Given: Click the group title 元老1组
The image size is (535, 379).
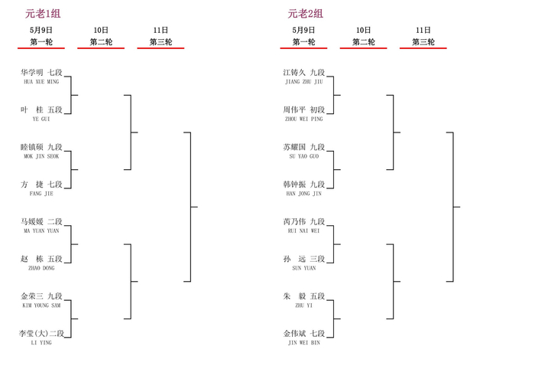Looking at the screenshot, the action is pyautogui.click(x=43, y=14).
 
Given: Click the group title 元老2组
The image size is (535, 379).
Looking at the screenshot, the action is pyautogui.click(x=306, y=14).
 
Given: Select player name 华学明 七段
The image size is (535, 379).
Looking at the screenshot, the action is pyautogui.click(x=41, y=73).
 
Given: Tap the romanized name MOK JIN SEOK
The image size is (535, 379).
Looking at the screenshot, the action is pyautogui.click(x=41, y=156).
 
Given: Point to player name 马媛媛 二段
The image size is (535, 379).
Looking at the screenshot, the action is pyautogui.click(x=41, y=222).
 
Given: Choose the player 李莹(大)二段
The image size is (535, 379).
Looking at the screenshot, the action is pyautogui.click(x=41, y=334).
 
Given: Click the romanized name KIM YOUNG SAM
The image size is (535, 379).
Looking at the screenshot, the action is pyautogui.click(x=41, y=305).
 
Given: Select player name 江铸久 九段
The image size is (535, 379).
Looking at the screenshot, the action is pyautogui.click(x=303, y=73).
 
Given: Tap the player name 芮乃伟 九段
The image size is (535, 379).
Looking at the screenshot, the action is pyautogui.click(x=303, y=222).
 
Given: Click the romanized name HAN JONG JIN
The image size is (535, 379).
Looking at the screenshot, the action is pyautogui.click(x=303, y=194).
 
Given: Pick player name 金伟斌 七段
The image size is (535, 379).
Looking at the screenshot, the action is pyautogui.click(x=303, y=334).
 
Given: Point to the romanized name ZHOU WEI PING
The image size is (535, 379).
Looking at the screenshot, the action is pyautogui.click(x=303, y=119).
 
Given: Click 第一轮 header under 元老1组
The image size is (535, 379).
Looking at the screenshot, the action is pyautogui.click(x=41, y=42).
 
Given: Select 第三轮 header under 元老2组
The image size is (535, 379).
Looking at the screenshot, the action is pyautogui.click(x=423, y=42).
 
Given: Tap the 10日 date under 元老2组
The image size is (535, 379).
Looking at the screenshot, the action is pyautogui.click(x=363, y=30).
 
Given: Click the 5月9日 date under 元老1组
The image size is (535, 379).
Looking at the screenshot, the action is pyautogui.click(x=41, y=30).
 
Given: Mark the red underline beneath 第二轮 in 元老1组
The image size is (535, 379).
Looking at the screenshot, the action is pyautogui.click(x=101, y=48).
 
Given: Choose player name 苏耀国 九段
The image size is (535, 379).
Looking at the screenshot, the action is pyautogui.click(x=303, y=147).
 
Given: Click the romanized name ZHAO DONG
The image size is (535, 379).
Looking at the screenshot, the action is pyautogui.click(x=41, y=268).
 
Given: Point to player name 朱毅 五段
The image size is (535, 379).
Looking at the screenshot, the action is pyautogui.click(x=303, y=296).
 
